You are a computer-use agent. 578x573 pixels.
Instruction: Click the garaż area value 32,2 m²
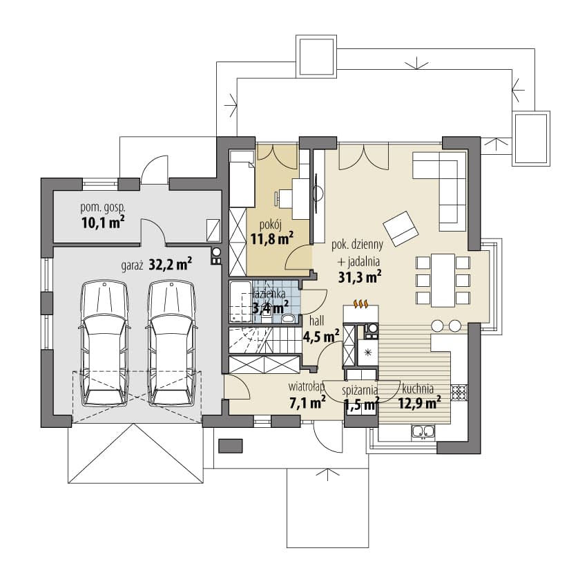[x=171, y=264]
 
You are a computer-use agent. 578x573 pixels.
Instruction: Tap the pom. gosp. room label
[x=103, y=208]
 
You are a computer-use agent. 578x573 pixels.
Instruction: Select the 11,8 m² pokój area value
[x=272, y=238]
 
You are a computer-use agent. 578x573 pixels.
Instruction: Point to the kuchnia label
[x=418, y=388]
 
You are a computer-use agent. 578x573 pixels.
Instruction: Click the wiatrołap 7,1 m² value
[x=307, y=402]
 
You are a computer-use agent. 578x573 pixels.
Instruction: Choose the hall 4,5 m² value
[x=321, y=336]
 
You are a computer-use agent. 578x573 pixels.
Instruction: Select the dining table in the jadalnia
[x=443, y=280]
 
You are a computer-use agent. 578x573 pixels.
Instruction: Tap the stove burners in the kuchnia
[x=459, y=392]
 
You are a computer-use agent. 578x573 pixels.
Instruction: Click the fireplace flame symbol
[x=361, y=303]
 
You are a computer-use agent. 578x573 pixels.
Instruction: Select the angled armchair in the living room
[x=401, y=228]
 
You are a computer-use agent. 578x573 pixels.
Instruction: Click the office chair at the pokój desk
[x=281, y=197]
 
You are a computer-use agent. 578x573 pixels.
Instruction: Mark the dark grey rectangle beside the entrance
[x=231, y=446]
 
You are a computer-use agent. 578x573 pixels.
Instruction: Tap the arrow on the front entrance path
[x=327, y=474]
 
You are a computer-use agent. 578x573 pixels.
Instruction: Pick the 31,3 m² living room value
[x=360, y=276]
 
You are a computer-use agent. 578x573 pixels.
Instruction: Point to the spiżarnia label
[x=359, y=390]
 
